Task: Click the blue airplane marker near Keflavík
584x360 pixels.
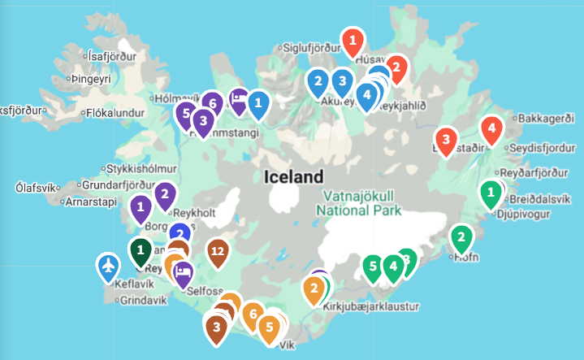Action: coord(107,265)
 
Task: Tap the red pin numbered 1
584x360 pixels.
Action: coord(352,40)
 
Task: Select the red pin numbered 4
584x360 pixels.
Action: coord(491,128)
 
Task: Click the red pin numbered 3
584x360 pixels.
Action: coord(446,139)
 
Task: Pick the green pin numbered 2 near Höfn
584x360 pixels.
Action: coord(461,237)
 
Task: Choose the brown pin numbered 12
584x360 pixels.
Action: coord(217,250)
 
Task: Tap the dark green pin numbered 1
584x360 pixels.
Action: coord(141,249)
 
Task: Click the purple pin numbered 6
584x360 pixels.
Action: coord(212,103)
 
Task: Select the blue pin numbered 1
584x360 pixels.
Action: coord(258,102)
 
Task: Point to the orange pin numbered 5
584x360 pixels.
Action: coord(269,327)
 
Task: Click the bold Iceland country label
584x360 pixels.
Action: coord(293,176)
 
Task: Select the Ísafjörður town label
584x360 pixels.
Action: coord(111,57)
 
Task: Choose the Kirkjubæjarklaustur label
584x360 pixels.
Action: coord(370,306)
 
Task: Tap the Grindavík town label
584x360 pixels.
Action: coord(143,300)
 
